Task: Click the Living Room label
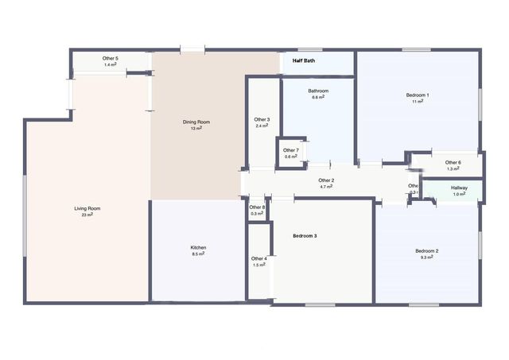(87, 208)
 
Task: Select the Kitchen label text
(198, 247)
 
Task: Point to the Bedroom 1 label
(418, 95)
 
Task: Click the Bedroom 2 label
(427, 251)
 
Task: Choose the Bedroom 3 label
(305, 236)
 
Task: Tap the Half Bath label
(304, 60)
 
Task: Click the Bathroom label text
(318, 91)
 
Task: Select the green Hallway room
(460, 191)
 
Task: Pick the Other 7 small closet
(291, 153)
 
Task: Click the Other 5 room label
(111, 59)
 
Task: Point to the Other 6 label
(453, 163)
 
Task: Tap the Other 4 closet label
(259, 258)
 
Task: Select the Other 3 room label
(262, 120)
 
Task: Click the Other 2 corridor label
(326, 180)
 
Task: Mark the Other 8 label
(257, 207)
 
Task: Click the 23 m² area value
(87, 215)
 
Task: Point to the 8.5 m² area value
(198, 254)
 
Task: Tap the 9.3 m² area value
(427, 257)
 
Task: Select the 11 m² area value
(418, 102)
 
